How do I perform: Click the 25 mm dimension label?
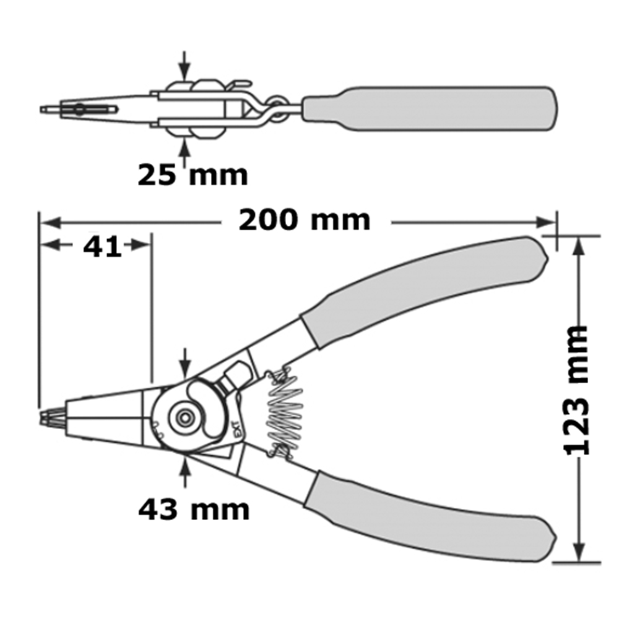[x=193, y=175]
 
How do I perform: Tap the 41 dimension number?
[x=102, y=247]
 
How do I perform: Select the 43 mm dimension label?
[x=194, y=509]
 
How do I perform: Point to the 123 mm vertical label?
[x=577, y=391]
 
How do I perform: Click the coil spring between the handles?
[x=284, y=413]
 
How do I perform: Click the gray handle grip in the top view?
[x=430, y=108]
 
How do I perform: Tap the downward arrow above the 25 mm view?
[x=184, y=66]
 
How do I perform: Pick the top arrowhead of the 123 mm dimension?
[x=578, y=246]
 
